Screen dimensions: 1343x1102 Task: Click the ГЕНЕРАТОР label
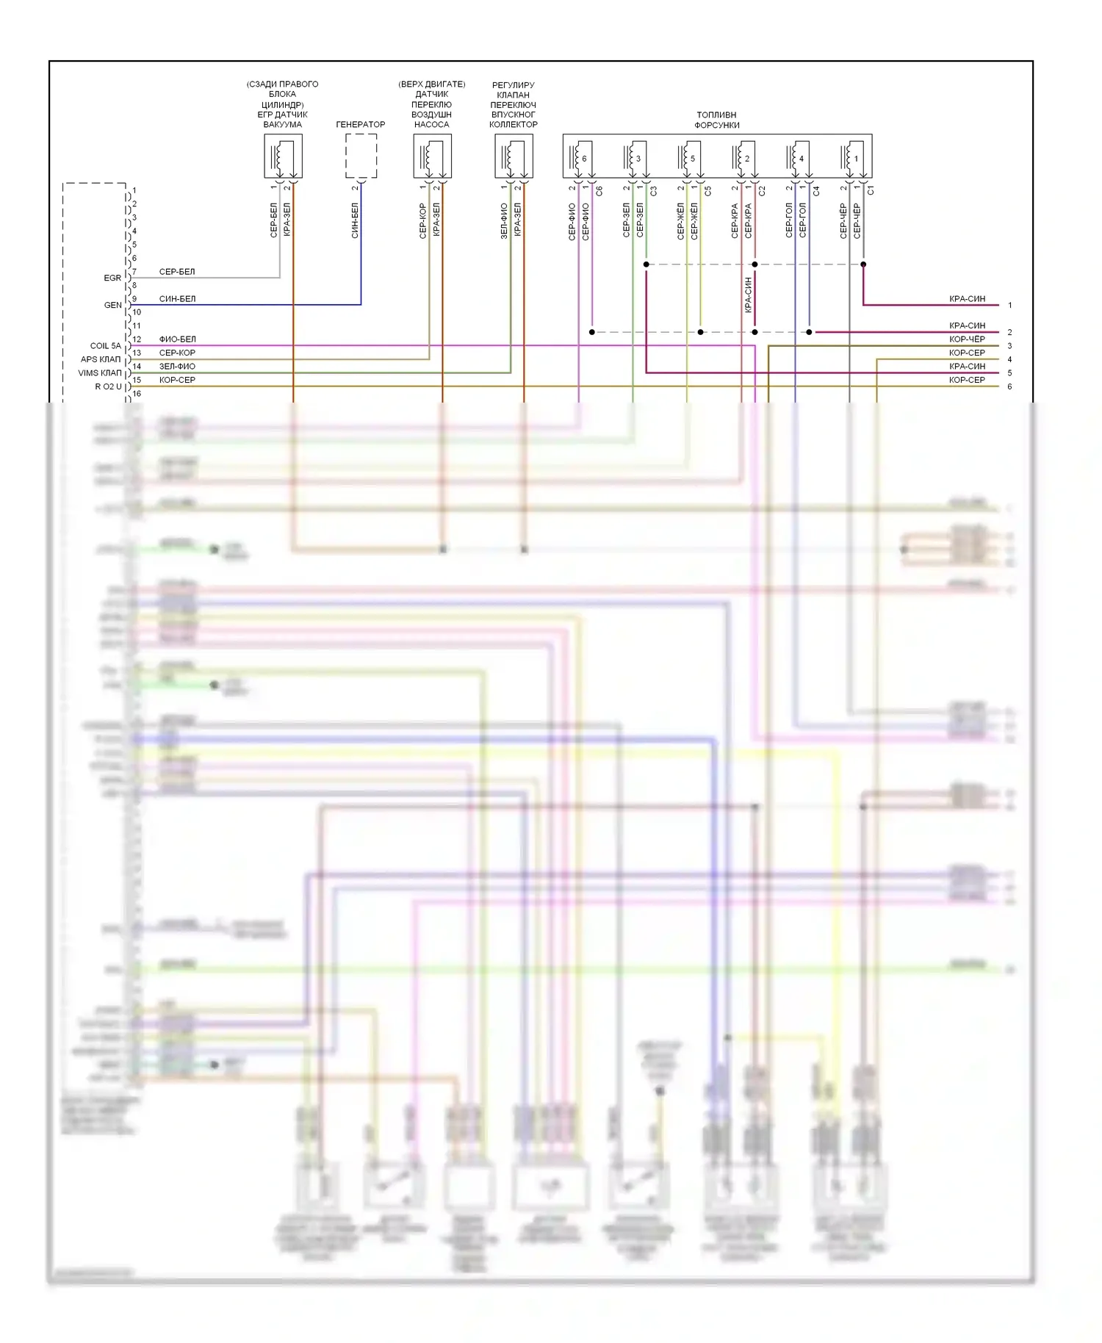pos(360,124)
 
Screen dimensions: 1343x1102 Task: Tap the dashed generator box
pos(361,156)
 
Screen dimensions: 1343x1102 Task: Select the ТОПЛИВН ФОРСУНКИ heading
pos(716,120)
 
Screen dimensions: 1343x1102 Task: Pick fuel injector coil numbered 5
pos(688,157)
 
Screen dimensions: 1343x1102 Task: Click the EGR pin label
pos(112,278)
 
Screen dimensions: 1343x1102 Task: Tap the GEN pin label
pos(113,305)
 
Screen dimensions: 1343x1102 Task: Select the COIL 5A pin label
pos(106,345)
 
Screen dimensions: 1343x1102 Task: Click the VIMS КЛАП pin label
pos(101,372)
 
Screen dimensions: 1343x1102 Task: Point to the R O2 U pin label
pos(108,386)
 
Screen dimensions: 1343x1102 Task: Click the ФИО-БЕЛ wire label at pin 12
pos(178,339)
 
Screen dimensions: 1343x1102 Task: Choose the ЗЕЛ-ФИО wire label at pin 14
pos(178,366)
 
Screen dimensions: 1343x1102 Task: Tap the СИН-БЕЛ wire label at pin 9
pos(178,298)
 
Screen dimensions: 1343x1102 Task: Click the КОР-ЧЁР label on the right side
pos(967,339)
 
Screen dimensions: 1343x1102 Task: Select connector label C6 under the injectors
pos(599,190)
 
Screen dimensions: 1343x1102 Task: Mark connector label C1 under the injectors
pos(871,190)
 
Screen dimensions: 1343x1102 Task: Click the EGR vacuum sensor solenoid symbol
pos(283,156)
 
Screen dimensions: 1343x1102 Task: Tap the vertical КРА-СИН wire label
pos(749,295)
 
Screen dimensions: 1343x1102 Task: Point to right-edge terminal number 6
pos(1009,386)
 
